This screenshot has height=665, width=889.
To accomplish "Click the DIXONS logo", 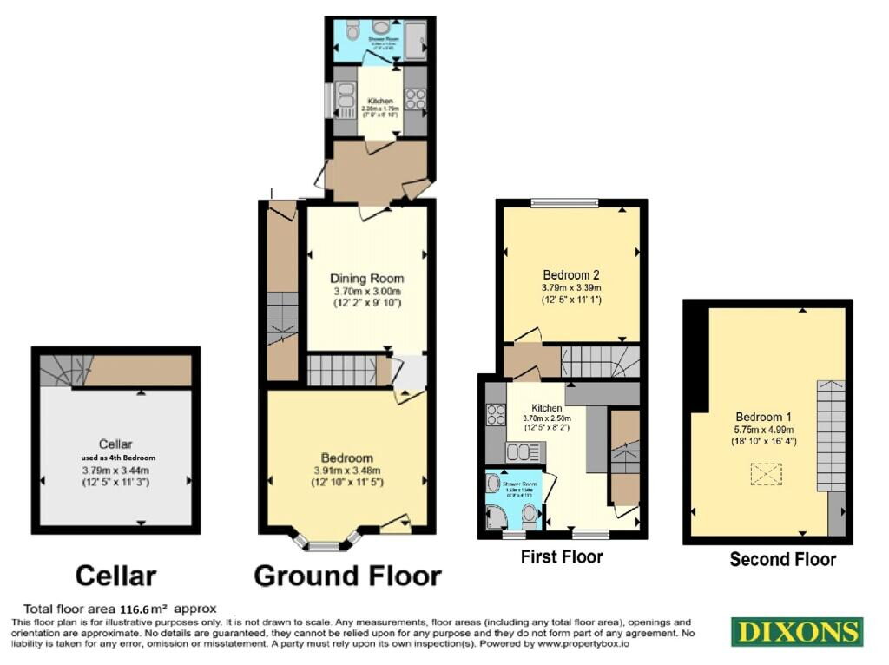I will (x=796, y=631).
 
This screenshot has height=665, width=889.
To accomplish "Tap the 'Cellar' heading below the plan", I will (x=115, y=575).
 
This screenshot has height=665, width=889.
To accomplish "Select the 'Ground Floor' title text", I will (x=347, y=576).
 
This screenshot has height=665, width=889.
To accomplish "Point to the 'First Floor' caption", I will (x=562, y=556).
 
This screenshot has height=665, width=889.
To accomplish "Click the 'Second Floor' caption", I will (x=782, y=559).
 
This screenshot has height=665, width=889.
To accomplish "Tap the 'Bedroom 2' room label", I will (x=570, y=269).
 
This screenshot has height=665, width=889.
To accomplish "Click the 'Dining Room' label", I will (x=366, y=279).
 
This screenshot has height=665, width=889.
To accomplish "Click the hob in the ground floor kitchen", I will (x=414, y=100).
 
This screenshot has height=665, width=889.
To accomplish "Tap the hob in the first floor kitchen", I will (x=496, y=416).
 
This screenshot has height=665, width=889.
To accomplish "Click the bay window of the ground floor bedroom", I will (x=325, y=543).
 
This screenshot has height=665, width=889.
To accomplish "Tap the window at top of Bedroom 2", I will (x=564, y=204).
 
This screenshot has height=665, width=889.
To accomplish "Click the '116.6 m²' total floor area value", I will (x=119, y=609).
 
